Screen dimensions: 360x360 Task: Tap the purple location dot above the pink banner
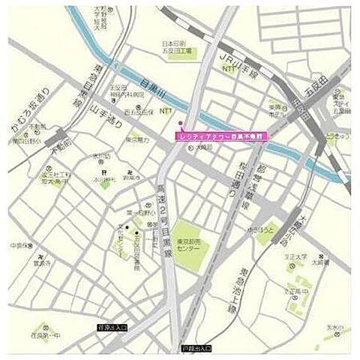click(180, 124)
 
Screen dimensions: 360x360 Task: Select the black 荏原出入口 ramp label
click(112, 327)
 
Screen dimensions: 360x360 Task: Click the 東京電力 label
click(137, 139)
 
